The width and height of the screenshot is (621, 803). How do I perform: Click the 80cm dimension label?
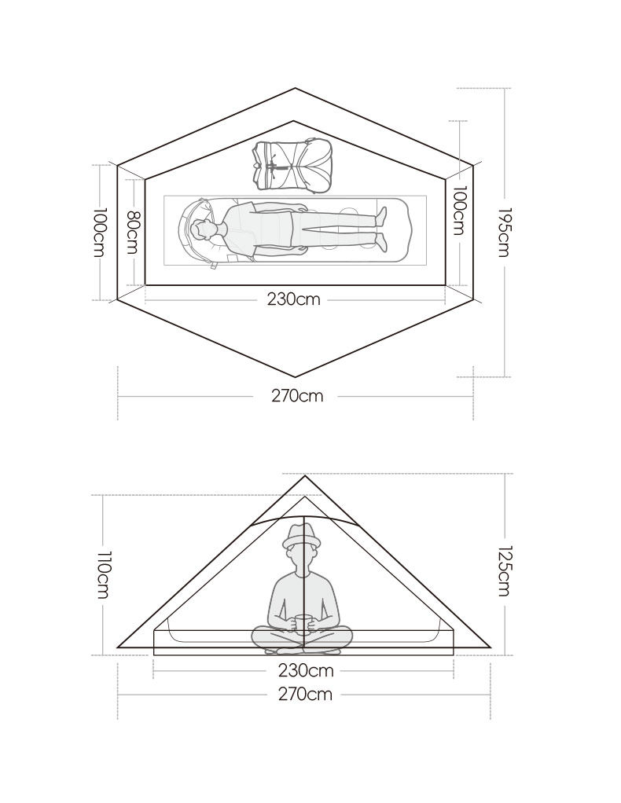(x=132, y=233)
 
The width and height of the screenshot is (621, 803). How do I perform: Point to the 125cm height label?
(x=505, y=571)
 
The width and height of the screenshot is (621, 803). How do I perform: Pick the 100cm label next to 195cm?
(x=459, y=211)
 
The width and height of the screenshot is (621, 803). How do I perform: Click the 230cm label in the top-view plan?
(x=293, y=299)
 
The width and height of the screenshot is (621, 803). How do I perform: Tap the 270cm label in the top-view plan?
(x=297, y=396)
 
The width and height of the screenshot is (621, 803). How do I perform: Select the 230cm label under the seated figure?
(x=306, y=670)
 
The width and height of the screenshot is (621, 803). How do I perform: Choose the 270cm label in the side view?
(x=305, y=695)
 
